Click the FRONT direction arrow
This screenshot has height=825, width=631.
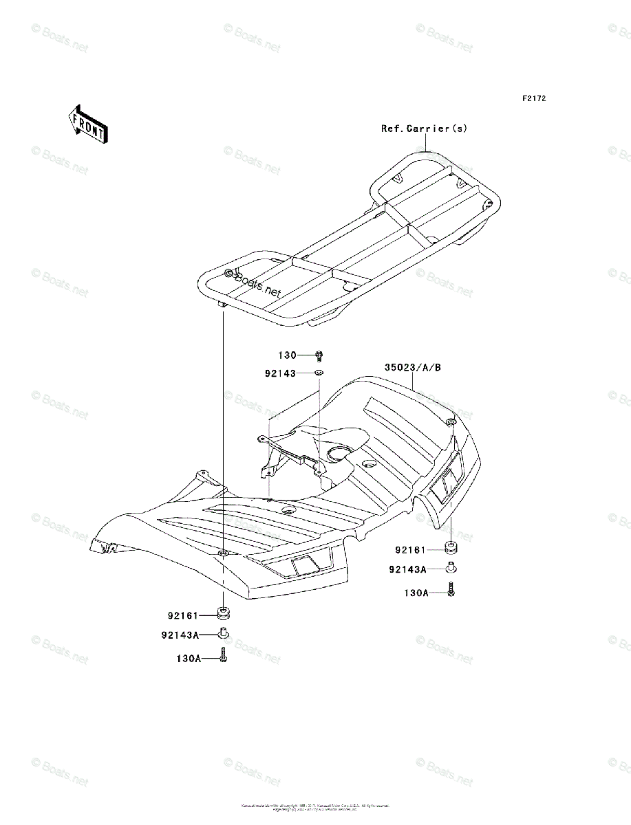click(x=86, y=124)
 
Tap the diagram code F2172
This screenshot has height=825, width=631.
click(x=533, y=99)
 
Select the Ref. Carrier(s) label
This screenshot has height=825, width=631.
click(x=425, y=129)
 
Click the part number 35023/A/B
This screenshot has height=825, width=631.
click(x=414, y=368)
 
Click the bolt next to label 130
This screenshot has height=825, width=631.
click(x=319, y=355)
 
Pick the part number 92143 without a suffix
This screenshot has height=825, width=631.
click(x=279, y=373)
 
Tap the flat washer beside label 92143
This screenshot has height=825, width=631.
click(x=319, y=373)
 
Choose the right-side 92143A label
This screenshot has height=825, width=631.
click(x=407, y=569)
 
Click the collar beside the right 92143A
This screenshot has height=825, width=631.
click(x=451, y=568)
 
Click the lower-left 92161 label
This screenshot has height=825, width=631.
click(x=182, y=615)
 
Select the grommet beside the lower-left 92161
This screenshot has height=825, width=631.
click(x=224, y=613)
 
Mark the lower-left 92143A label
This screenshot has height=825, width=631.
click(x=180, y=635)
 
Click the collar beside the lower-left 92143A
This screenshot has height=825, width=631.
click(x=224, y=632)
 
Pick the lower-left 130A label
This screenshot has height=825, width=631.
click(x=187, y=658)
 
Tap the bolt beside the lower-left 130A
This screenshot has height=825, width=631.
click(x=224, y=656)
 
